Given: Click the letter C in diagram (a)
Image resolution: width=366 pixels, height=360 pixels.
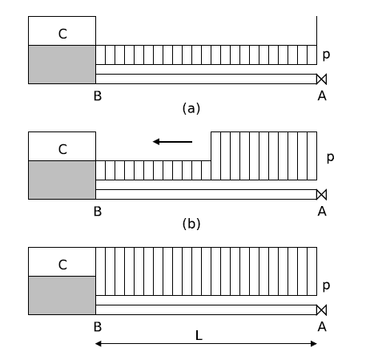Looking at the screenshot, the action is (62, 34).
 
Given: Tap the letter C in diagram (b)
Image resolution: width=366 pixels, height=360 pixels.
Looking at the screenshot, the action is (62, 149).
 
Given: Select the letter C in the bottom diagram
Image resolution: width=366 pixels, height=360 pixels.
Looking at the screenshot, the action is (62, 265).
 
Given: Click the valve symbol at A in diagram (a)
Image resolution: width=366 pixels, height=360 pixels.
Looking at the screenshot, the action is (321, 79).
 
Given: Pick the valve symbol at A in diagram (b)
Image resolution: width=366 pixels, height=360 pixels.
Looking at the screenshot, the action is (321, 195).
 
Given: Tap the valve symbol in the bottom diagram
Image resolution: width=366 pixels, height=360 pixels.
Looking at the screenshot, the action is (321, 310).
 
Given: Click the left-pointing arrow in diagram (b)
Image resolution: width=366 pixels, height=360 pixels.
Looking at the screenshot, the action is (172, 142).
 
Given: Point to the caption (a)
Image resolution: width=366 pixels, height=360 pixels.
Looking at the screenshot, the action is (191, 108).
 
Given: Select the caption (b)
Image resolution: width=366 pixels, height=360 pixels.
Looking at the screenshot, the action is (191, 224).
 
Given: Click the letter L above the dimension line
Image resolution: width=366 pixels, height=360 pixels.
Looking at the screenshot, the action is (199, 335).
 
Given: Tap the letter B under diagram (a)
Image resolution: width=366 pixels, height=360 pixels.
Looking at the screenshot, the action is (98, 96).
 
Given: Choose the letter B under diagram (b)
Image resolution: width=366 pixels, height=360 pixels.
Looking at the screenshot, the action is (98, 212).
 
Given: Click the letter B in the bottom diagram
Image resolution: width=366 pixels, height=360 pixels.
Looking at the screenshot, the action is (98, 327).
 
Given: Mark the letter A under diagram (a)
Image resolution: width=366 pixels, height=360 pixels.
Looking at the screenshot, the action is (322, 96).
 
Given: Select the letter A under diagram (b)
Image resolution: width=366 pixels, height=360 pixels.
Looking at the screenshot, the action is (322, 212).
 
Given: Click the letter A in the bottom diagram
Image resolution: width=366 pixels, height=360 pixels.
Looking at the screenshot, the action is (322, 327).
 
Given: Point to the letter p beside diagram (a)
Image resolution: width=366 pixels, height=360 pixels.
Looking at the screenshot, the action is (326, 55).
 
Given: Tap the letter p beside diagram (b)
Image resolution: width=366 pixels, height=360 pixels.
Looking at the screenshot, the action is (330, 158).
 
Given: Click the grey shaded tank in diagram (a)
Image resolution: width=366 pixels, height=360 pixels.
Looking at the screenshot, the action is (62, 64).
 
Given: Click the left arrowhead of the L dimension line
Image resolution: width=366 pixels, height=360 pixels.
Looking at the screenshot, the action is (99, 344).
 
